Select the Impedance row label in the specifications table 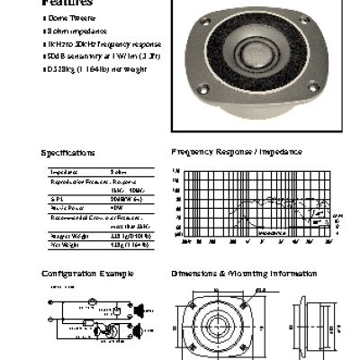[64, 171]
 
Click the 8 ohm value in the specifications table [118, 171]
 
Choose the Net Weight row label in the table [64, 244]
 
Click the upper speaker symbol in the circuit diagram [140, 314]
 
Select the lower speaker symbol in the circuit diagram [140, 334]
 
